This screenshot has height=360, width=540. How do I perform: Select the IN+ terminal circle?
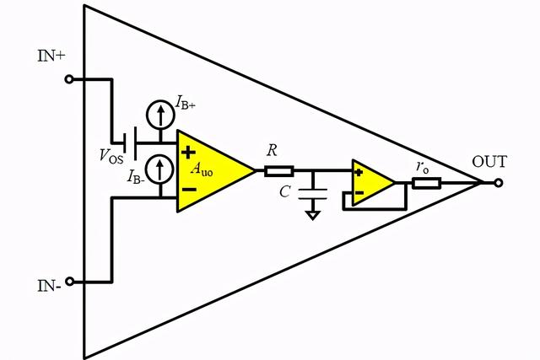coord(68,79)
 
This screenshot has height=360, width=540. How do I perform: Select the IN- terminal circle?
coord(68,281)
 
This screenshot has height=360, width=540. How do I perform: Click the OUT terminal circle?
coord(499,182)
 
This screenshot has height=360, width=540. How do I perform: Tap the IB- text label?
coord(138,176)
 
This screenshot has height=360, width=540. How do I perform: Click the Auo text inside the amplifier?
coord(202,168)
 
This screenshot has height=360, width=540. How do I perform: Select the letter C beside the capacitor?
coord(286,193)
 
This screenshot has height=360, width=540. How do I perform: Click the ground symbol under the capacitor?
coord(313,214)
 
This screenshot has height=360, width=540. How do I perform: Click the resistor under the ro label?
coord(425,182)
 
